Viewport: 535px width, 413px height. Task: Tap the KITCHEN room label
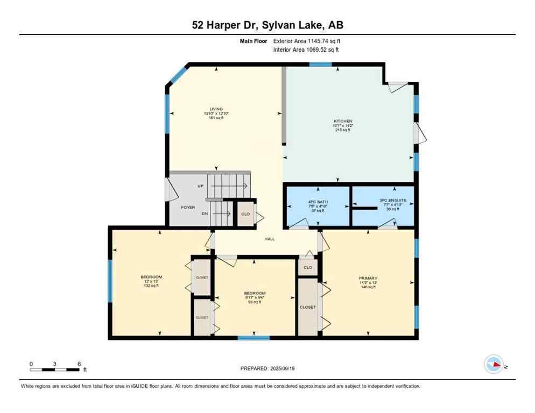342,122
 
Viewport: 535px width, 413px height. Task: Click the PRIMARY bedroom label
368,279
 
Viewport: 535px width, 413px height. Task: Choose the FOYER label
188,207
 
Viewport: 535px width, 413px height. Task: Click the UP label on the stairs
201,186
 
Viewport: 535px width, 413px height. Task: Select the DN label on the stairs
205,214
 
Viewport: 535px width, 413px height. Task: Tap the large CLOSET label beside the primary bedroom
308,307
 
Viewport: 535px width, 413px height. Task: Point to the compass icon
494,364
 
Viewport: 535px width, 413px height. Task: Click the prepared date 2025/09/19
267,368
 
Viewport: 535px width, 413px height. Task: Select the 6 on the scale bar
79,364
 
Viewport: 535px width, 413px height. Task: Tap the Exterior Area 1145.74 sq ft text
306,41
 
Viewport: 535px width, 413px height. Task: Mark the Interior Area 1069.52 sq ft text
306,50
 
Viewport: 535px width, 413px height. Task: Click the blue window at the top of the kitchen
320,65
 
